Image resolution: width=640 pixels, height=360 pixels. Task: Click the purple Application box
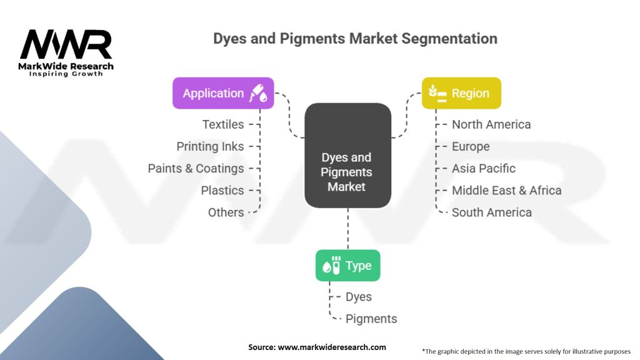(223, 93)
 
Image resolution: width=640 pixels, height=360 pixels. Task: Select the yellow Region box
(461, 93)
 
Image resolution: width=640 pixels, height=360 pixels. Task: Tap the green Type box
(347, 265)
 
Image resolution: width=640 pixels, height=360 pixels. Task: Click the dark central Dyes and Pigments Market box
(347, 156)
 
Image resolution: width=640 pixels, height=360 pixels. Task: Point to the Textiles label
(223, 124)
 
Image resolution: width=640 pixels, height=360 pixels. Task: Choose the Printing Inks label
(210, 146)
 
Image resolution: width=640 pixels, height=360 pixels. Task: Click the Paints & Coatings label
(196, 169)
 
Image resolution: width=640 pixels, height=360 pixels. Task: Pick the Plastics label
(222, 191)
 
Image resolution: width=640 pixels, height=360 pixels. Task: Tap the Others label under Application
(226, 212)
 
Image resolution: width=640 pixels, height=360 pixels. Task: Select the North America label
(491, 124)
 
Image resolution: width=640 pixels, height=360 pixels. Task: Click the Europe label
(471, 146)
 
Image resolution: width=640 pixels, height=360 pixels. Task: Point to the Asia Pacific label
(484, 169)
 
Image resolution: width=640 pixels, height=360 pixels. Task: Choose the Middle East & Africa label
(506, 191)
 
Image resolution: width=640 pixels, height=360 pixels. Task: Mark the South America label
(492, 212)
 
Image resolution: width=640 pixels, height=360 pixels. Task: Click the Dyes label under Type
(359, 297)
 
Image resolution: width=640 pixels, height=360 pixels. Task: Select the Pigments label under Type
(371, 319)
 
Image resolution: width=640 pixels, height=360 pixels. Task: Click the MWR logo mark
(66, 44)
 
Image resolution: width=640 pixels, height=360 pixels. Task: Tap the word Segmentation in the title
(449, 39)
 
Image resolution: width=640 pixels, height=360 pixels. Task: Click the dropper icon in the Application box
(258, 93)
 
